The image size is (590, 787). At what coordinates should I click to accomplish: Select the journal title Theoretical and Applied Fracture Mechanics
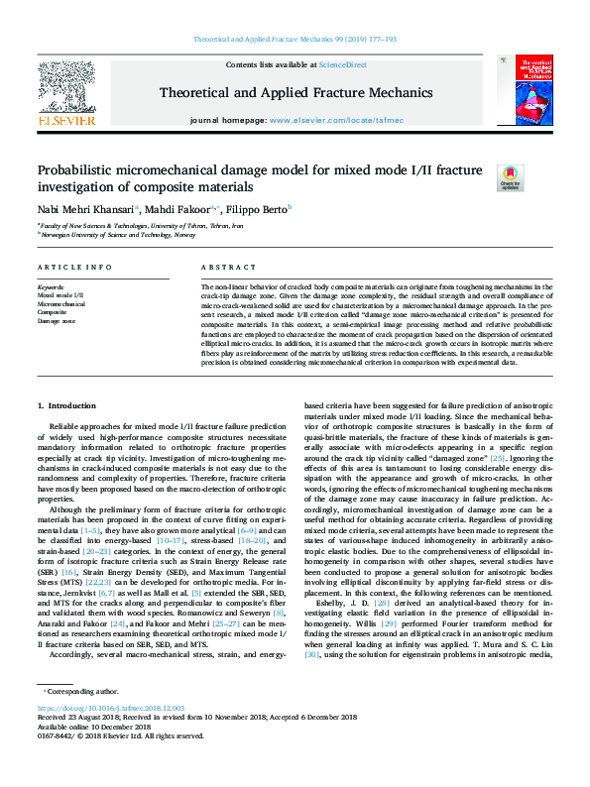tap(295, 92)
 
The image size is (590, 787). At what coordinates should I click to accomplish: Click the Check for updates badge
tap(510, 177)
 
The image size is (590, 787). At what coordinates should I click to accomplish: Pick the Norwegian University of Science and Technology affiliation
tap(110, 235)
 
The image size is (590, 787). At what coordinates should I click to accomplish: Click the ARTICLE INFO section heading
tap(74, 268)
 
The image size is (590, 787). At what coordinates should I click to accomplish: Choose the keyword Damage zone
tap(56, 321)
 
